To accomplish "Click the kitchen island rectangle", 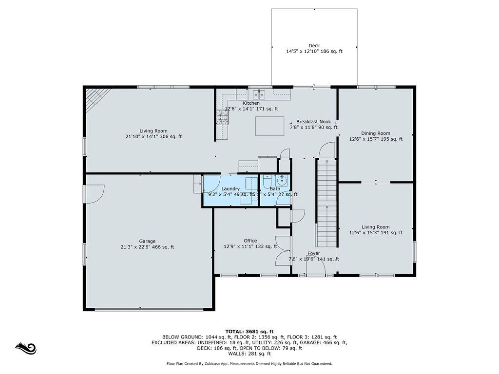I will click(x=270, y=126).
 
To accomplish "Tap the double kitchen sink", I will click(x=258, y=93).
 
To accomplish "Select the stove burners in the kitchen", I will click(x=222, y=117).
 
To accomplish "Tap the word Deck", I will click(x=314, y=46).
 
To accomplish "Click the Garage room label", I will click(x=147, y=241).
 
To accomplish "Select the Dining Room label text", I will click(x=376, y=133).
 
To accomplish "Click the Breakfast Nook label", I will click(x=314, y=122).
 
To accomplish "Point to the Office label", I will click(x=250, y=241).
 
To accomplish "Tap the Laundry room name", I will click(x=230, y=189).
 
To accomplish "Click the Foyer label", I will click(x=314, y=253).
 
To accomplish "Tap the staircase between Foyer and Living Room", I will click(x=327, y=205).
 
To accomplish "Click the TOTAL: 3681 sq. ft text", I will click(x=249, y=331).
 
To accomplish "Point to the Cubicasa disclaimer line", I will click(x=249, y=363).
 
